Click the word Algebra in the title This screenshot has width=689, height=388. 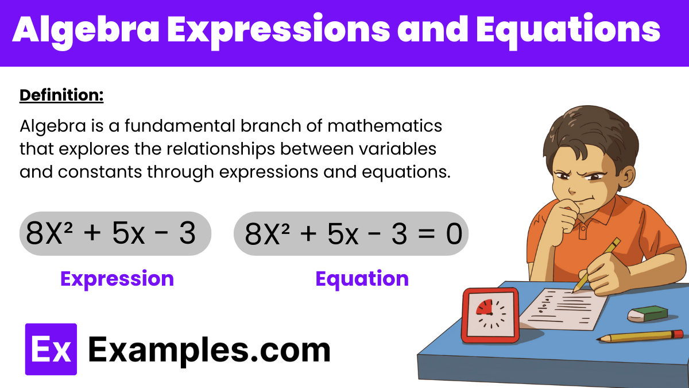coord(84,31)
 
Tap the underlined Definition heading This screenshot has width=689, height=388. coord(61,95)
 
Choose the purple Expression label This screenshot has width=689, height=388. coord(117,279)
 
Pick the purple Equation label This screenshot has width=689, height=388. coord(362,279)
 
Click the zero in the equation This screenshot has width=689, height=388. coord(454,234)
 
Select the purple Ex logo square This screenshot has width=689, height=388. coord(51,349)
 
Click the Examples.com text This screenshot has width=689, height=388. coord(210,349)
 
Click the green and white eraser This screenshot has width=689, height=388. coord(647,313)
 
